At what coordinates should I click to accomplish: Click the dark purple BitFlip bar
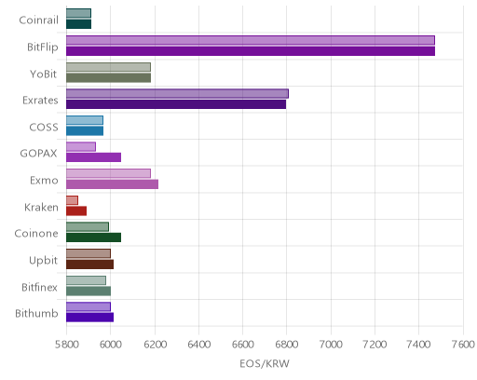(251, 51)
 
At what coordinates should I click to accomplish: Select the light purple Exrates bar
(177, 94)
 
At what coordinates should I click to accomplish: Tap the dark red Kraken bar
(76, 211)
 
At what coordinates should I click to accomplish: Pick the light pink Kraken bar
(72, 200)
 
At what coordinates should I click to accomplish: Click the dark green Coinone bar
(93, 237)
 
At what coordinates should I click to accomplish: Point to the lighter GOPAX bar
(81, 147)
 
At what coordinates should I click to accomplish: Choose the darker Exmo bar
(112, 184)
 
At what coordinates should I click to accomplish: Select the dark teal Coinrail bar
(78, 24)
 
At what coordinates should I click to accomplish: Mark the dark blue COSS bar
(85, 131)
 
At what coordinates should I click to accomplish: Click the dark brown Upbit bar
(89, 265)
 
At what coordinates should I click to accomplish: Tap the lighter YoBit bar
(108, 67)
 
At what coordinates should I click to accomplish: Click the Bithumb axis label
(36, 314)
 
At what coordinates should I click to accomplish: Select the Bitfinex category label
(39, 288)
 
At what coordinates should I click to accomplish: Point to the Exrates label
(40, 101)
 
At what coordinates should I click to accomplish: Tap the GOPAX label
(39, 154)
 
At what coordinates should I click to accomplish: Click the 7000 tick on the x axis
(331, 345)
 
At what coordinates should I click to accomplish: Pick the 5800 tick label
(66, 345)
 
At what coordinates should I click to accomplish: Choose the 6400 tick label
(198, 345)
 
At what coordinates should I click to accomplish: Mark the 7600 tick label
(463, 345)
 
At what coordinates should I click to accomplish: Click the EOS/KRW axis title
(265, 363)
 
